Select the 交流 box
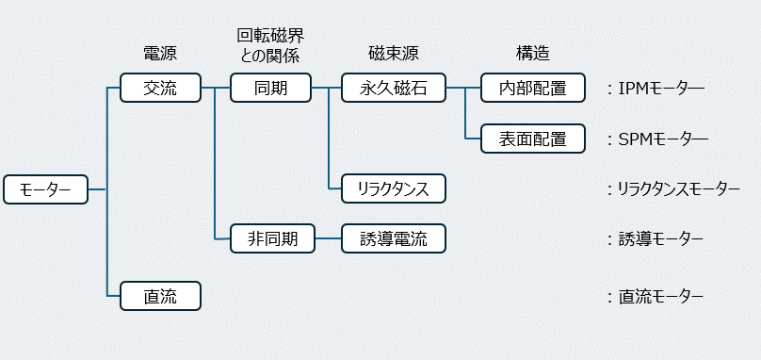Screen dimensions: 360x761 pyautogui.click(x=160, y=89)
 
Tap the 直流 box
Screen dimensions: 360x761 pyautogui.click(x=160, y=297)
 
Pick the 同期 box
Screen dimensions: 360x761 pyautogui.click(x=271, y=89)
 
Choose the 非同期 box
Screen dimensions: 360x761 pyautogui.click(x=271, y=239)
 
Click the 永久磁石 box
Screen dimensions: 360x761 pyautogui.click(x=393, y=89)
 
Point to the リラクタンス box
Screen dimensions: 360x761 pyautogui.click(x=393, y=189)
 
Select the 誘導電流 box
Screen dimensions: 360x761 pyautogui.click(x=393, y=239)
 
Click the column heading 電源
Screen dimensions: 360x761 pyautogui.click(x=160, y=54)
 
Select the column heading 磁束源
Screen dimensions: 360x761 pyautogui.click(x=393, y=54)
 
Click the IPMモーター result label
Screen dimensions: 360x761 pyautogui.click(x=660, y=89)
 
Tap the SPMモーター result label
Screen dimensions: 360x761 pyautogui.click(x=662, y=139)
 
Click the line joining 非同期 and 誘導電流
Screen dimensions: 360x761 pyautogui.click(x=327, y=239)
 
